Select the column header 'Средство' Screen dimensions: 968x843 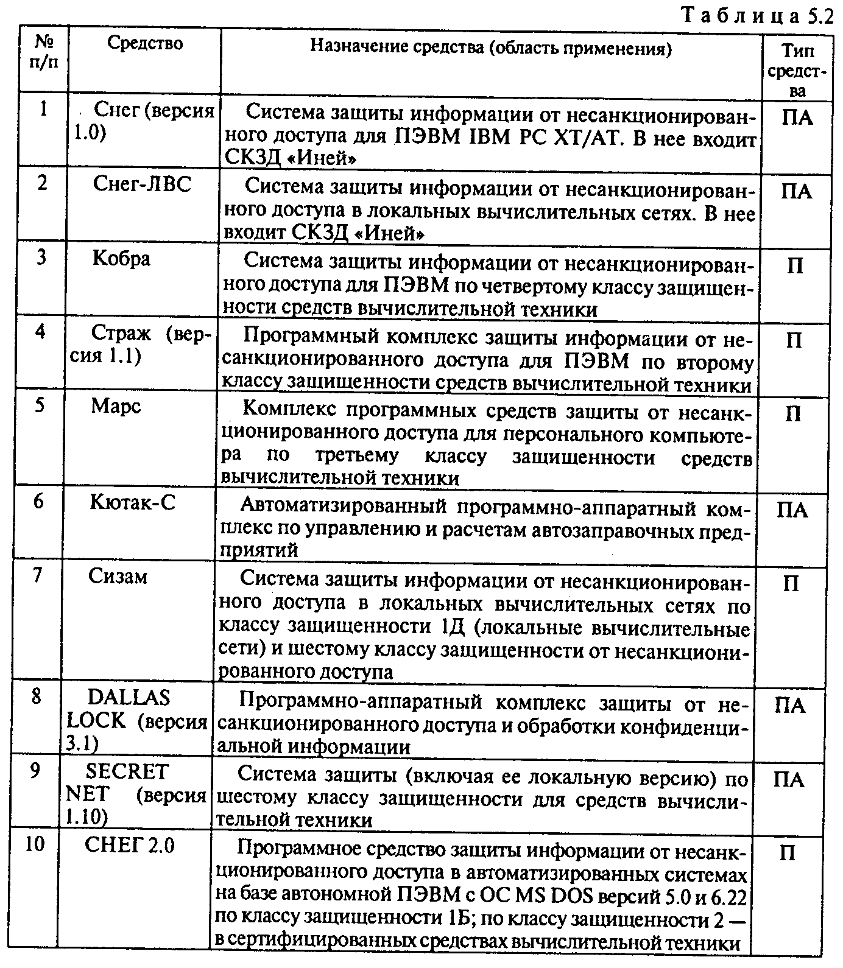(x=145, y=43)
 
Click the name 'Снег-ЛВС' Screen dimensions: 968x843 (x=142, y=183)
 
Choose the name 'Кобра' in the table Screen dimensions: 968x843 (x=121, y=258)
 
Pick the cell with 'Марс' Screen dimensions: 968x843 (x=116, y=405)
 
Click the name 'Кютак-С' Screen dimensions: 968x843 (x=132, y=502)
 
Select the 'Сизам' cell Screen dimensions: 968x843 (x=118, y=576)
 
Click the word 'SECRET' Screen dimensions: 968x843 (x=126, y=771)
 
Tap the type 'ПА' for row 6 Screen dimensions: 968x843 (x=792, y=510)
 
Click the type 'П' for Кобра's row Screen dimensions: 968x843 (x=794, y=266)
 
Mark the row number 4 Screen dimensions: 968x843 (x=40, y=333)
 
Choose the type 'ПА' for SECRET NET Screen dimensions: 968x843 (x=789, y=779)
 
